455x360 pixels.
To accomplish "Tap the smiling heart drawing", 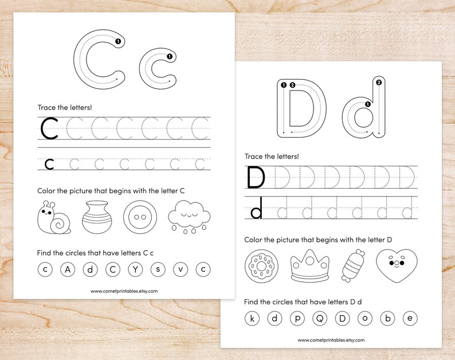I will tap(394, 266).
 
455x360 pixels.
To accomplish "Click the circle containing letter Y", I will tap(135, 268).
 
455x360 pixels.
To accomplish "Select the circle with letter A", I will tap(68, 268).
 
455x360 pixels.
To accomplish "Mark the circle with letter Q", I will tap(319, 318).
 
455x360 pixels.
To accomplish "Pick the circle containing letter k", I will tap(252, 318).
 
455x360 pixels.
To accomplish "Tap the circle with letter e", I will tap(409, 318).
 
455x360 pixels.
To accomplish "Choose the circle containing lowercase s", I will tap(158, 268).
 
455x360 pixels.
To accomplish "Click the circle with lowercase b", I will tap(387, 318).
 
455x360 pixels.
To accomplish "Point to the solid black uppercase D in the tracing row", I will tap(256, 178).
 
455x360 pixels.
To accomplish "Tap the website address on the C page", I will tap(124, 291).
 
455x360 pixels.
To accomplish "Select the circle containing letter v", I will tap(180, 268).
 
